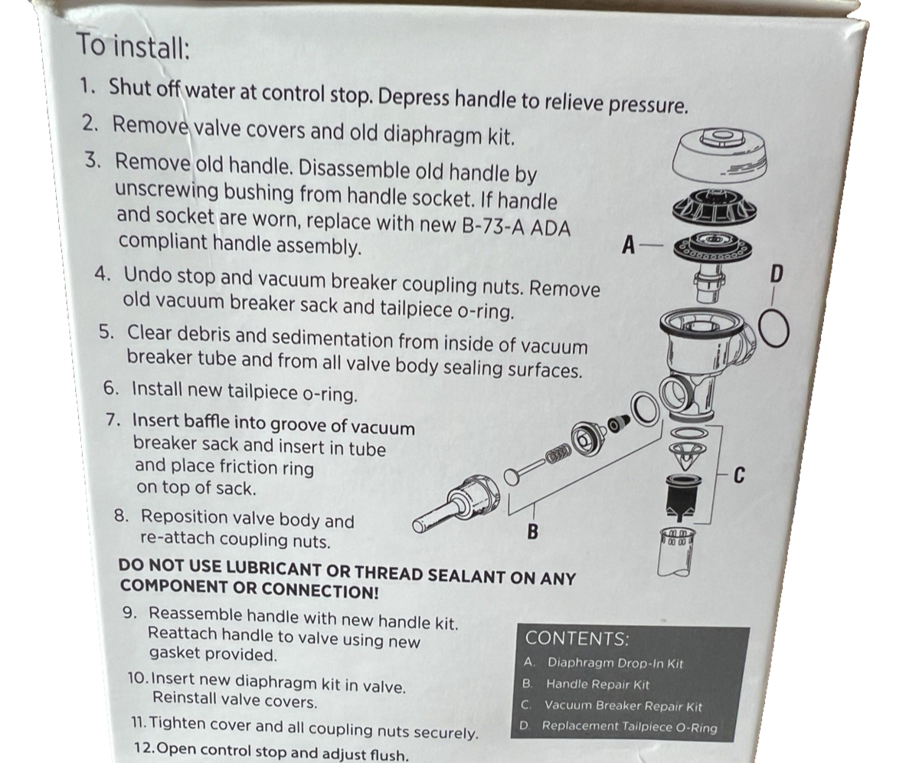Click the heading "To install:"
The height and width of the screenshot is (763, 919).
(133, 47)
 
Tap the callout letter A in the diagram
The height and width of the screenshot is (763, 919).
(629, 245)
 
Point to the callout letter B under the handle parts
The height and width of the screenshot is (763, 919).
(532, 532)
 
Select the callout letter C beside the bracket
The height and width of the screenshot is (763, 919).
(740, 476)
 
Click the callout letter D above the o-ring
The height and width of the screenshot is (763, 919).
(777, 273)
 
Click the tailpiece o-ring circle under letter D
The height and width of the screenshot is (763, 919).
(760, 330)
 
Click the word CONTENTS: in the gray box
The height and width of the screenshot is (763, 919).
(577, 638)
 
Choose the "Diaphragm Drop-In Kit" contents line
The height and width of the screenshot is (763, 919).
(603, 663)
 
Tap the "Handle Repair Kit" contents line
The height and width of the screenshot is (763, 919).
(586, 684)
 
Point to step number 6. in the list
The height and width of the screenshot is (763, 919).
(111, 388)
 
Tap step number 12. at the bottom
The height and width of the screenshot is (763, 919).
(145, 748)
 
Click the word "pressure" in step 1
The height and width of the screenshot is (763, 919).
(648, 105)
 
